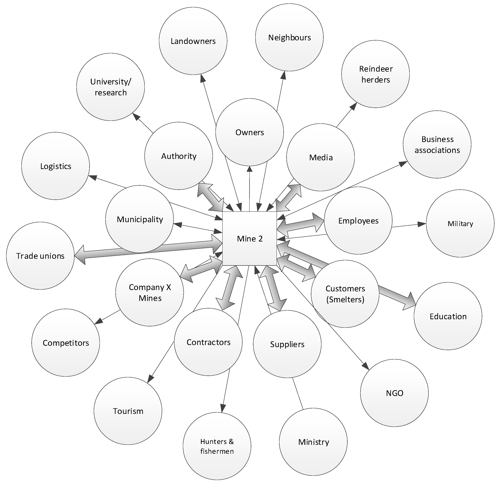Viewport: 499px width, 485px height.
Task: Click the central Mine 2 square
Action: (250, 239)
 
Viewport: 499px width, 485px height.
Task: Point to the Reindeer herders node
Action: (376, 74)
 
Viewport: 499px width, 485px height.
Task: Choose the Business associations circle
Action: (437, 144)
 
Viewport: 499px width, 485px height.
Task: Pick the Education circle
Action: (448, 316)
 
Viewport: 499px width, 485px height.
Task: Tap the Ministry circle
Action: (313, 442)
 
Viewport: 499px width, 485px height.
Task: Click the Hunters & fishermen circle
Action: (217, 446)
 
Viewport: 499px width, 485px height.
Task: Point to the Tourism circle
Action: (128, 411)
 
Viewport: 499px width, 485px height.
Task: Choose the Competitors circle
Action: (66, 342)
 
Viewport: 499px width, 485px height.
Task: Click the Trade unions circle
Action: (40, 256)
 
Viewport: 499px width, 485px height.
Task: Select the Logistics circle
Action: (55, 166)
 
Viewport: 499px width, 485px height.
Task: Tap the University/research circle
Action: (110, 87)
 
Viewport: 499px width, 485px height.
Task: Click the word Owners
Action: (250, 132)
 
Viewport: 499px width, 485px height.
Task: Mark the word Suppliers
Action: (287, 344)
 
